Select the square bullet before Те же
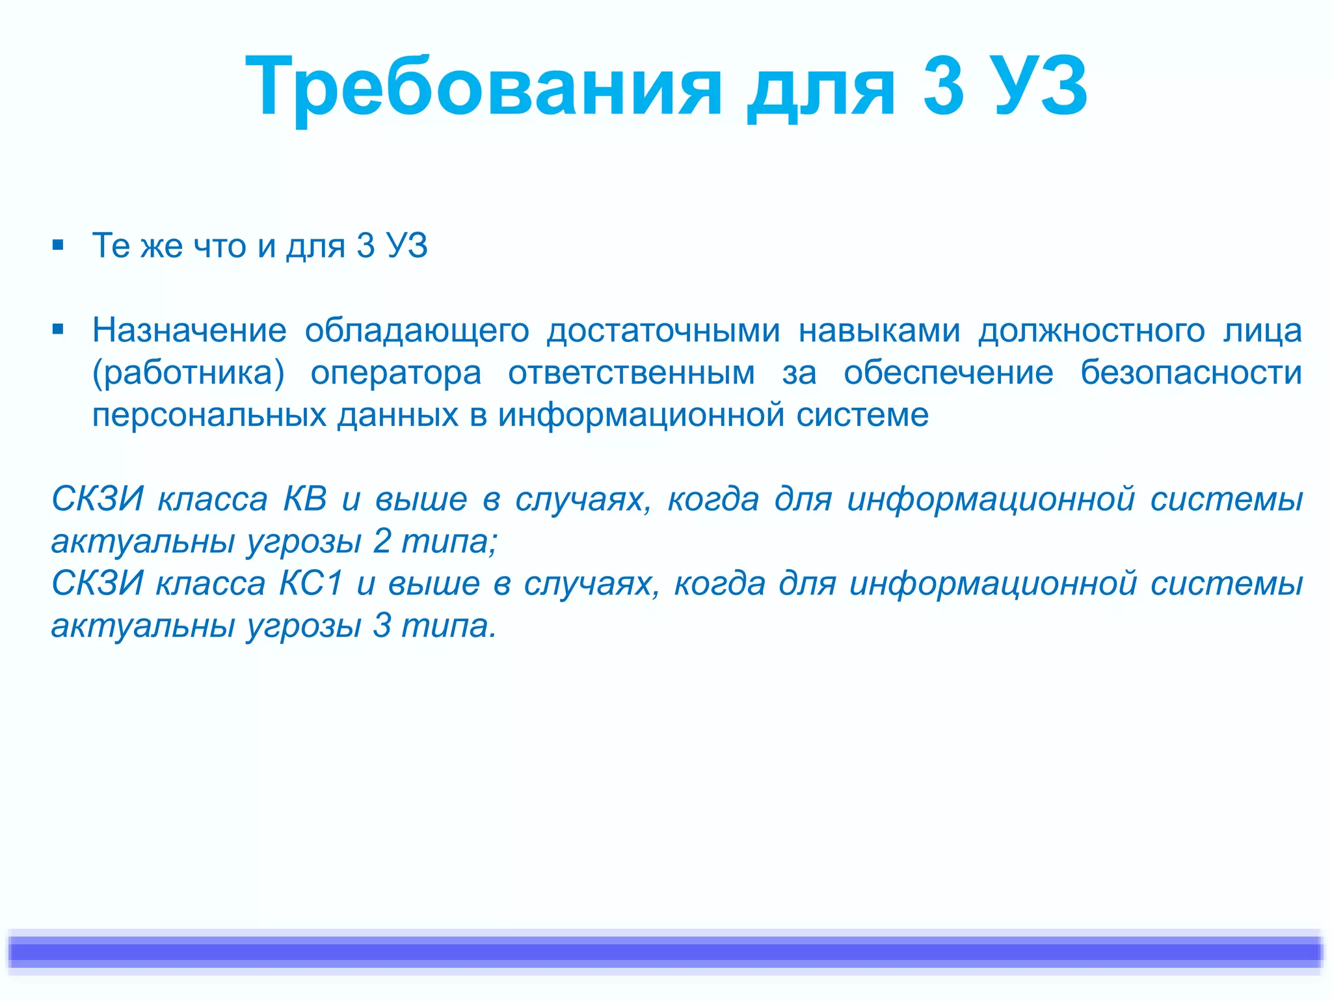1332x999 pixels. (59, 246)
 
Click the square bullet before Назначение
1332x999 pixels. (59, 330)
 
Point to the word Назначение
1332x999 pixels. (189, 330)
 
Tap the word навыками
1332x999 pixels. (879, 330)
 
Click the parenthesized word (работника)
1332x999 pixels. (189, 373)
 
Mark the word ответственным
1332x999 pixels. (632, 373)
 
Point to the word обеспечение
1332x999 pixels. (948, 373)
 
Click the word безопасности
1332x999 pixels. (1191, 373)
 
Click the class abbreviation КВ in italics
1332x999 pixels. (305, 499)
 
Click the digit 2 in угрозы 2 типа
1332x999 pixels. (382, 541)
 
